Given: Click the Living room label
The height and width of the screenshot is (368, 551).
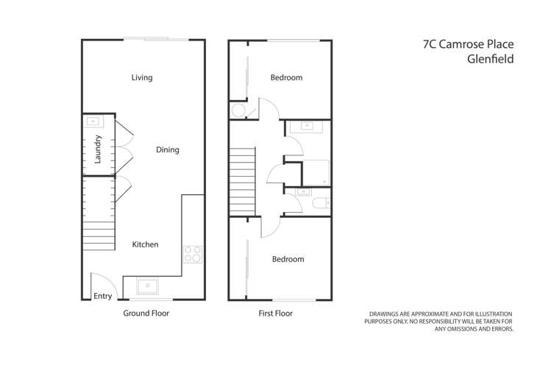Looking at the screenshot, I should click(x=142, y=77).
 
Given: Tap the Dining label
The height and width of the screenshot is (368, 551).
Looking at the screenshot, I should click(x=168, y=150).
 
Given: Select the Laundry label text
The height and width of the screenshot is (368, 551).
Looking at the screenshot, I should click(x=97, y=149).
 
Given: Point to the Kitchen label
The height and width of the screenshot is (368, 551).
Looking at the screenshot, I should click(x=145, y=244).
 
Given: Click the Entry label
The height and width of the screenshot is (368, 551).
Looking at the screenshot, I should click(x=103, y=297).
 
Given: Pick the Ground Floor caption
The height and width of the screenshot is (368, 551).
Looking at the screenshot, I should click(x=146, y=314).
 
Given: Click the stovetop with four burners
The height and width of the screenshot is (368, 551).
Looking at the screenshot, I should click(x=192, y=254).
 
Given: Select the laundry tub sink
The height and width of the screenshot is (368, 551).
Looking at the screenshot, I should click(x=93, y=121).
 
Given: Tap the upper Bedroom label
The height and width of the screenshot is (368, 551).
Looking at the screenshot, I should click(x=286, y=77).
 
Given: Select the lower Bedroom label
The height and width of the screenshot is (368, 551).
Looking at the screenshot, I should click(x=288, y=259).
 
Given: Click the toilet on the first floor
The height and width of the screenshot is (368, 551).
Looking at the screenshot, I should click(x=319, y=203).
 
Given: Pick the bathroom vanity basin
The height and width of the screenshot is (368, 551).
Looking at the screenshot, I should click(x=306, y=127).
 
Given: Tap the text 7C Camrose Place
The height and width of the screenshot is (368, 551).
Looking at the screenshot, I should click(x=469, y=44).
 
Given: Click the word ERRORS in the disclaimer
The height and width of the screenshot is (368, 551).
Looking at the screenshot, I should click(x=500, y=328).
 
